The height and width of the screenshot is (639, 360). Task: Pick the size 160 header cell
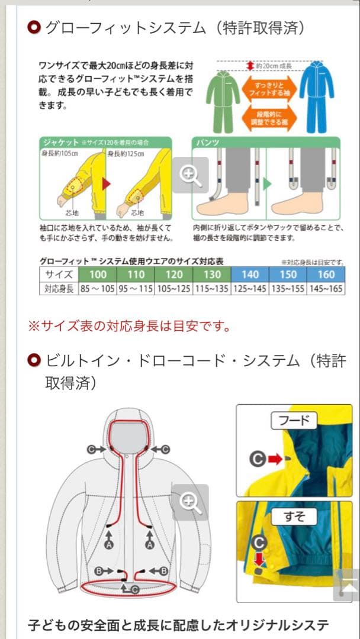(x=326, y=275)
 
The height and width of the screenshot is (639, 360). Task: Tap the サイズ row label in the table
(x=59, y=275)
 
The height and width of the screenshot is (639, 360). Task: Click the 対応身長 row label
(x=59, y=289)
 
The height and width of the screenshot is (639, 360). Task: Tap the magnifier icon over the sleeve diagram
(x=191, y=175)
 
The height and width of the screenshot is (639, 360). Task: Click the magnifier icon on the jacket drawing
(x=191, y=502)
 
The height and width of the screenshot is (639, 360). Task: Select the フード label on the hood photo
(x=294, y=421)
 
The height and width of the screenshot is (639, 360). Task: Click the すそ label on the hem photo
(x=294, y=517)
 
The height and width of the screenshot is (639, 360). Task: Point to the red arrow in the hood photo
(x=275, y=458)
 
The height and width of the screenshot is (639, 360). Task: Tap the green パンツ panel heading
(x=208, y=143)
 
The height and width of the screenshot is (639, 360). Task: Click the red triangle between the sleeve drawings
(x=107, y=184)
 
